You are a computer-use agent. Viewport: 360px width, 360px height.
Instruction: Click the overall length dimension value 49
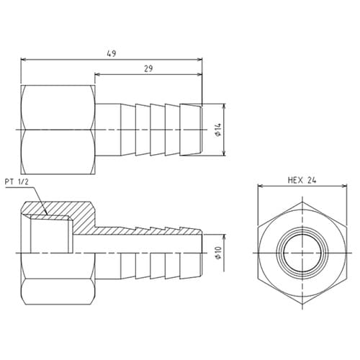pos(111,53)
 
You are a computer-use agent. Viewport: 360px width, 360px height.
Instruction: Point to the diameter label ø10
pos(217,253)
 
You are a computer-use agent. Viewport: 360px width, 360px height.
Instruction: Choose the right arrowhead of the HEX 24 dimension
pos(344,188)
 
